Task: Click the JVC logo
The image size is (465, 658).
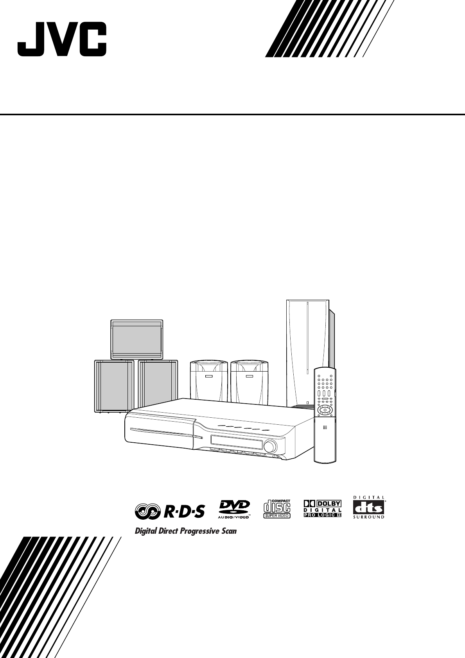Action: coord(61,40)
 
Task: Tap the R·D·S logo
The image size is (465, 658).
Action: coord(170,510)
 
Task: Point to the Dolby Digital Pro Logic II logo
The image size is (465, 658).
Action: coord(323,509)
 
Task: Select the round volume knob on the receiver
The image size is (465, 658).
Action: coord(269,446)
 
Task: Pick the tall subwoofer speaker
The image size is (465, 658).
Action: coord(308,352)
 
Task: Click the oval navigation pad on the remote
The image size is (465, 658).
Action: coord(325,410)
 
